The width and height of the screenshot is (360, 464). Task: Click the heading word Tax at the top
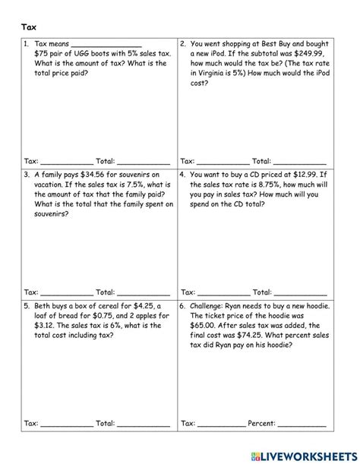tap(28, 27)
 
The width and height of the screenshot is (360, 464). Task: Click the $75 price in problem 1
tap(43, 55)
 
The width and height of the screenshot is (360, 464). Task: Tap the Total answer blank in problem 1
tap(143, 163)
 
